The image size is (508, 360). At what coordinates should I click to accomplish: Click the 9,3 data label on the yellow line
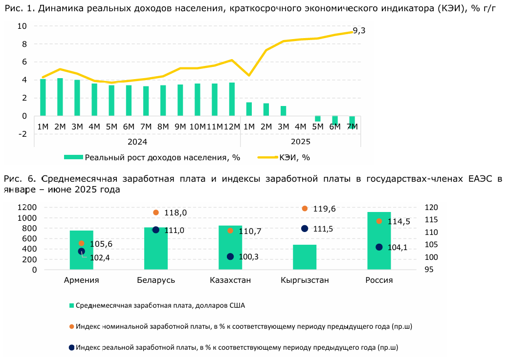click(x=359, y=31)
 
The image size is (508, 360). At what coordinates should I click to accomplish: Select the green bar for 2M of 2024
click(x=60, y=97)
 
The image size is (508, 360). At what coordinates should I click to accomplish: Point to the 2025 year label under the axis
click(x=300, y=142)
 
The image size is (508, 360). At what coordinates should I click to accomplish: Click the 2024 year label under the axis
click(x=137, y=142)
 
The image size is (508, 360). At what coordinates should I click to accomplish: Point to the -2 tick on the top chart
click(x=22, y=134)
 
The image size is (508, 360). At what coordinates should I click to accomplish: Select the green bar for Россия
click(x=379, y=240)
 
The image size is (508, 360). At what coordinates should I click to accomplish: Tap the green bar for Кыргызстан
click(x=305, y=257)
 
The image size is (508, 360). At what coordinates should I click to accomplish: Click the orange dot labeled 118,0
click(x=156, y=212)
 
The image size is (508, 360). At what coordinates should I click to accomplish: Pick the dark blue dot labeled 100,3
click(x=230, y=256)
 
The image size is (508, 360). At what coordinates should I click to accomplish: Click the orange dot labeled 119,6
click(x=305, y=209)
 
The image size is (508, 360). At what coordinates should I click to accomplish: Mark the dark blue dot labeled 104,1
click(x=379, y=247)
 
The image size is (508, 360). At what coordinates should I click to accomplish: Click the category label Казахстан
click(x=230, y=280)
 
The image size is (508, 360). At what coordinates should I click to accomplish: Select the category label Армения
click(x=82, y=280)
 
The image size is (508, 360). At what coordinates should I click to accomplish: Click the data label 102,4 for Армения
click(x=100, y=257)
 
